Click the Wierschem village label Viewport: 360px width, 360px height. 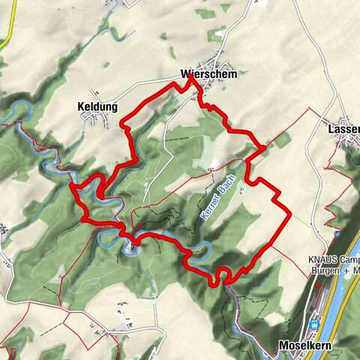click(x=204, y=74)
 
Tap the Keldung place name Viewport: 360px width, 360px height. click(x=97, y=107)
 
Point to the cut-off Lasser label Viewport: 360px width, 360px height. click(x=343, y=130)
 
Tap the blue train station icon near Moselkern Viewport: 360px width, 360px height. click(x=315, y=324)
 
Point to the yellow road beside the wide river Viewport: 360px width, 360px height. click(x=334, y=300)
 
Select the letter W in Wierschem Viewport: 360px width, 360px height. click(x=185, y=74)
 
